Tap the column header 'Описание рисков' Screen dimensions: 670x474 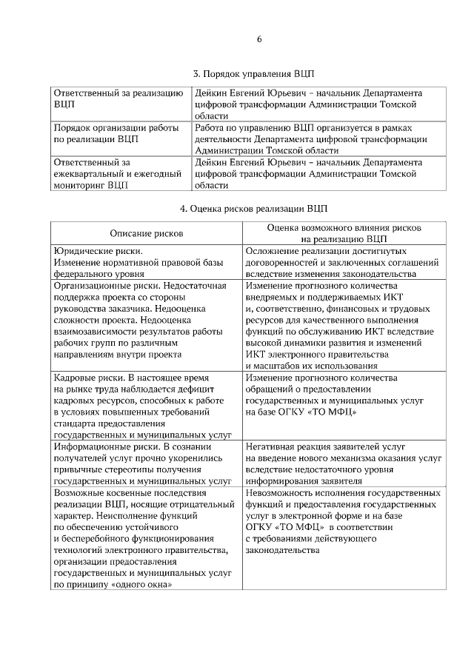tap(146, 233)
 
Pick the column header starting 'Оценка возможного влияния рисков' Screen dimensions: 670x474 tap(344, 228)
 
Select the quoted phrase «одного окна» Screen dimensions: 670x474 tap(141, 584)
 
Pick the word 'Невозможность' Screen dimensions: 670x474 tap(280, 492)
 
